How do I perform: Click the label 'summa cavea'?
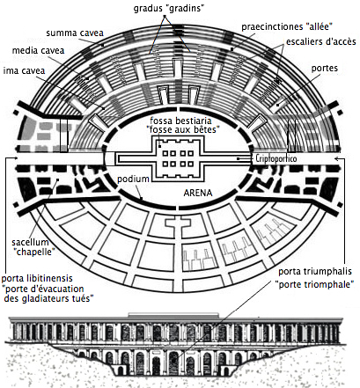click(x=75, y=33)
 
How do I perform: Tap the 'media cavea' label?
click(x=38, y=50)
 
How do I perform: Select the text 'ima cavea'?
click(x=24, y=70)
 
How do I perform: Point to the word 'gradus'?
click(x=146, y=9)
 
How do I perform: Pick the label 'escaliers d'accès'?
click(x=321, y=41)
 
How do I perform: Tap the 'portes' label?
click(x=325, y=69)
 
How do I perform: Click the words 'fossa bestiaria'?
click(x=180, y=121)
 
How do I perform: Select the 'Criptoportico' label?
click(x=276, y=158)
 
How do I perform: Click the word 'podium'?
click(x=133, y=179)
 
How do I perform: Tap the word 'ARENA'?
click(x=198, y=193)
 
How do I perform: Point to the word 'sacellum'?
click(x=30, y=242)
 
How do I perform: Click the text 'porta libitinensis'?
click(x=37, y=278)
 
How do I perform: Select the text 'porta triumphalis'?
click(x=315, y=271)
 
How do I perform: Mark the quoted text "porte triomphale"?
click(x=314, y=284)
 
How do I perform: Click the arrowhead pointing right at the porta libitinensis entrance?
click(x=15, y=158)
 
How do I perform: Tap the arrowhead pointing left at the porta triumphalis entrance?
click(x=337, y=158)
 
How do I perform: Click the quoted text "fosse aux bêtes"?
click(x=183, y=129)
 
